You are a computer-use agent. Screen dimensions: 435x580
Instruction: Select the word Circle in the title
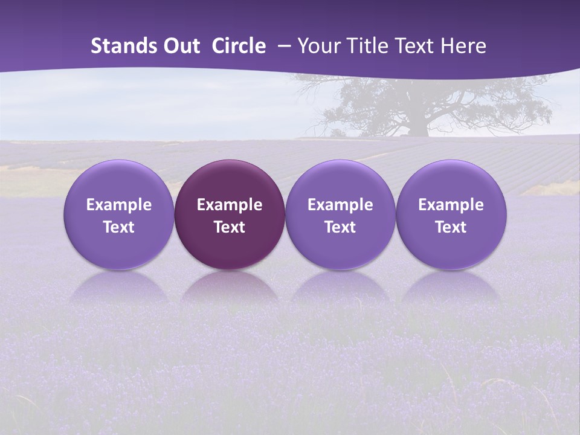(x=239, y=46)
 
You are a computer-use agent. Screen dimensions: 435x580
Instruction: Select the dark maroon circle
(x=230, y=214)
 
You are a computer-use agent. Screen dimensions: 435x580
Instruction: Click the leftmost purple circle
(x=119, y=214)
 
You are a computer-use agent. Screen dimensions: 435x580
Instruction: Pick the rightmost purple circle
(x=451, y=214)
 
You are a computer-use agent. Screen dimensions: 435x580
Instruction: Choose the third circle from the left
(x=340, y=214)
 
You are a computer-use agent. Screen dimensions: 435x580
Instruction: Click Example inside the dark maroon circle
(x=230, y=205)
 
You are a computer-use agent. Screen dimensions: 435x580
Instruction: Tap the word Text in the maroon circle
(x=230, y=227)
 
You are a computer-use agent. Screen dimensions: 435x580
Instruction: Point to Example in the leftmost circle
(x=119, y=205)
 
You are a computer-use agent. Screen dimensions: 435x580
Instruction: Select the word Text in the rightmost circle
(x=451, y=227)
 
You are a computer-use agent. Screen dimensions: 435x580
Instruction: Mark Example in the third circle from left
(x=340, y=205)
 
